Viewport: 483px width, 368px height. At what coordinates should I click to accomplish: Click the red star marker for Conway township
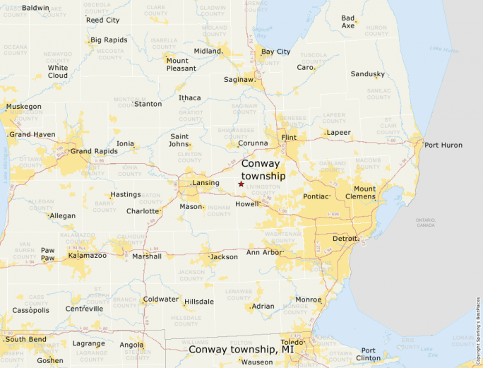click(x=241, y=184)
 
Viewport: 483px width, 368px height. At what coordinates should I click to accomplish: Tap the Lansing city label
click(x=205, y=183)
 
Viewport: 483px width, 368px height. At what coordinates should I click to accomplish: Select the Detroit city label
click(x=345, y=239)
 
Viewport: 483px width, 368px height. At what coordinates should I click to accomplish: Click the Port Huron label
click(x=443, y=145)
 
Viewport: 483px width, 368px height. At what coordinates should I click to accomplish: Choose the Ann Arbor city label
click(x=263, y=252)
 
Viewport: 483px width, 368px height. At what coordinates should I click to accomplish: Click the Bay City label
click(x=275, y=52)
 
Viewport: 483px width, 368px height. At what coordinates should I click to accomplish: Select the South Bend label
click(x=25, y=340)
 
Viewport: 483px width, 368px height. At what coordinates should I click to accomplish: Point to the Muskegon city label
click(x=24, y=107)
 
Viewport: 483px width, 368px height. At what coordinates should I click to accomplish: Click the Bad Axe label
click(x=348, y=22)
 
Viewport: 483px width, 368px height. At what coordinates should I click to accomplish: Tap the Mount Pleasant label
click(x=177, y=64)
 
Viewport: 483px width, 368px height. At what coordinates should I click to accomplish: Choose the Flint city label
click(x=288, y=137)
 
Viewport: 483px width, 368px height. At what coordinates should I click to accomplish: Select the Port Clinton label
click(x=368, y=354)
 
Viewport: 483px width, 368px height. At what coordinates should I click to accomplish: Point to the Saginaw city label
click(x=238, y=80)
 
